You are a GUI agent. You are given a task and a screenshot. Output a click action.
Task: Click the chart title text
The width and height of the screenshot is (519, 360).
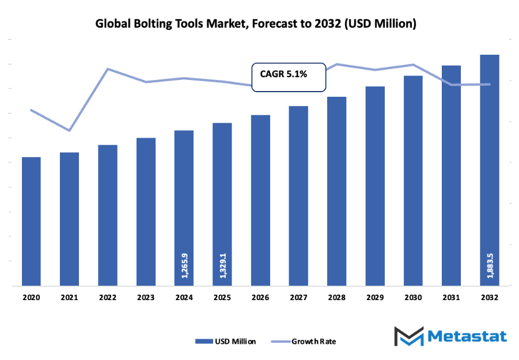click(255, 24)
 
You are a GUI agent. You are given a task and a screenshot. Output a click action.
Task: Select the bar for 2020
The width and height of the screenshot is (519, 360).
click(31, 221)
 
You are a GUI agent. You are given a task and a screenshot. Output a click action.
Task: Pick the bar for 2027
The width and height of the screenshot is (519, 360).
click(298, 196)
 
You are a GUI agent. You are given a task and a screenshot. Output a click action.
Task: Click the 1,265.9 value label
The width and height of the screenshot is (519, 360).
click(184, 266)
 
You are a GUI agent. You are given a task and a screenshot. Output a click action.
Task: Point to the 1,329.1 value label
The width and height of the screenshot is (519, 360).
click(222, 266)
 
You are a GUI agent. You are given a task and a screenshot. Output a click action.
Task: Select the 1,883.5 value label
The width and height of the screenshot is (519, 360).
click(490, 266)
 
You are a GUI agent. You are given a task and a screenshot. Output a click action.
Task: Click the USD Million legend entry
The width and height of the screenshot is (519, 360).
click(225, 341)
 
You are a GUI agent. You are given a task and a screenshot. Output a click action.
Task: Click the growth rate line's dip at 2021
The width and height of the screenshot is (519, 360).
click(69, 131)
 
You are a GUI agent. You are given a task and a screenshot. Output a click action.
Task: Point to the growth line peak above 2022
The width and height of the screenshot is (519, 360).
click(108, 69)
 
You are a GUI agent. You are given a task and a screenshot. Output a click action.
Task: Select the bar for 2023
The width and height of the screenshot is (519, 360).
click(146, 211)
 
